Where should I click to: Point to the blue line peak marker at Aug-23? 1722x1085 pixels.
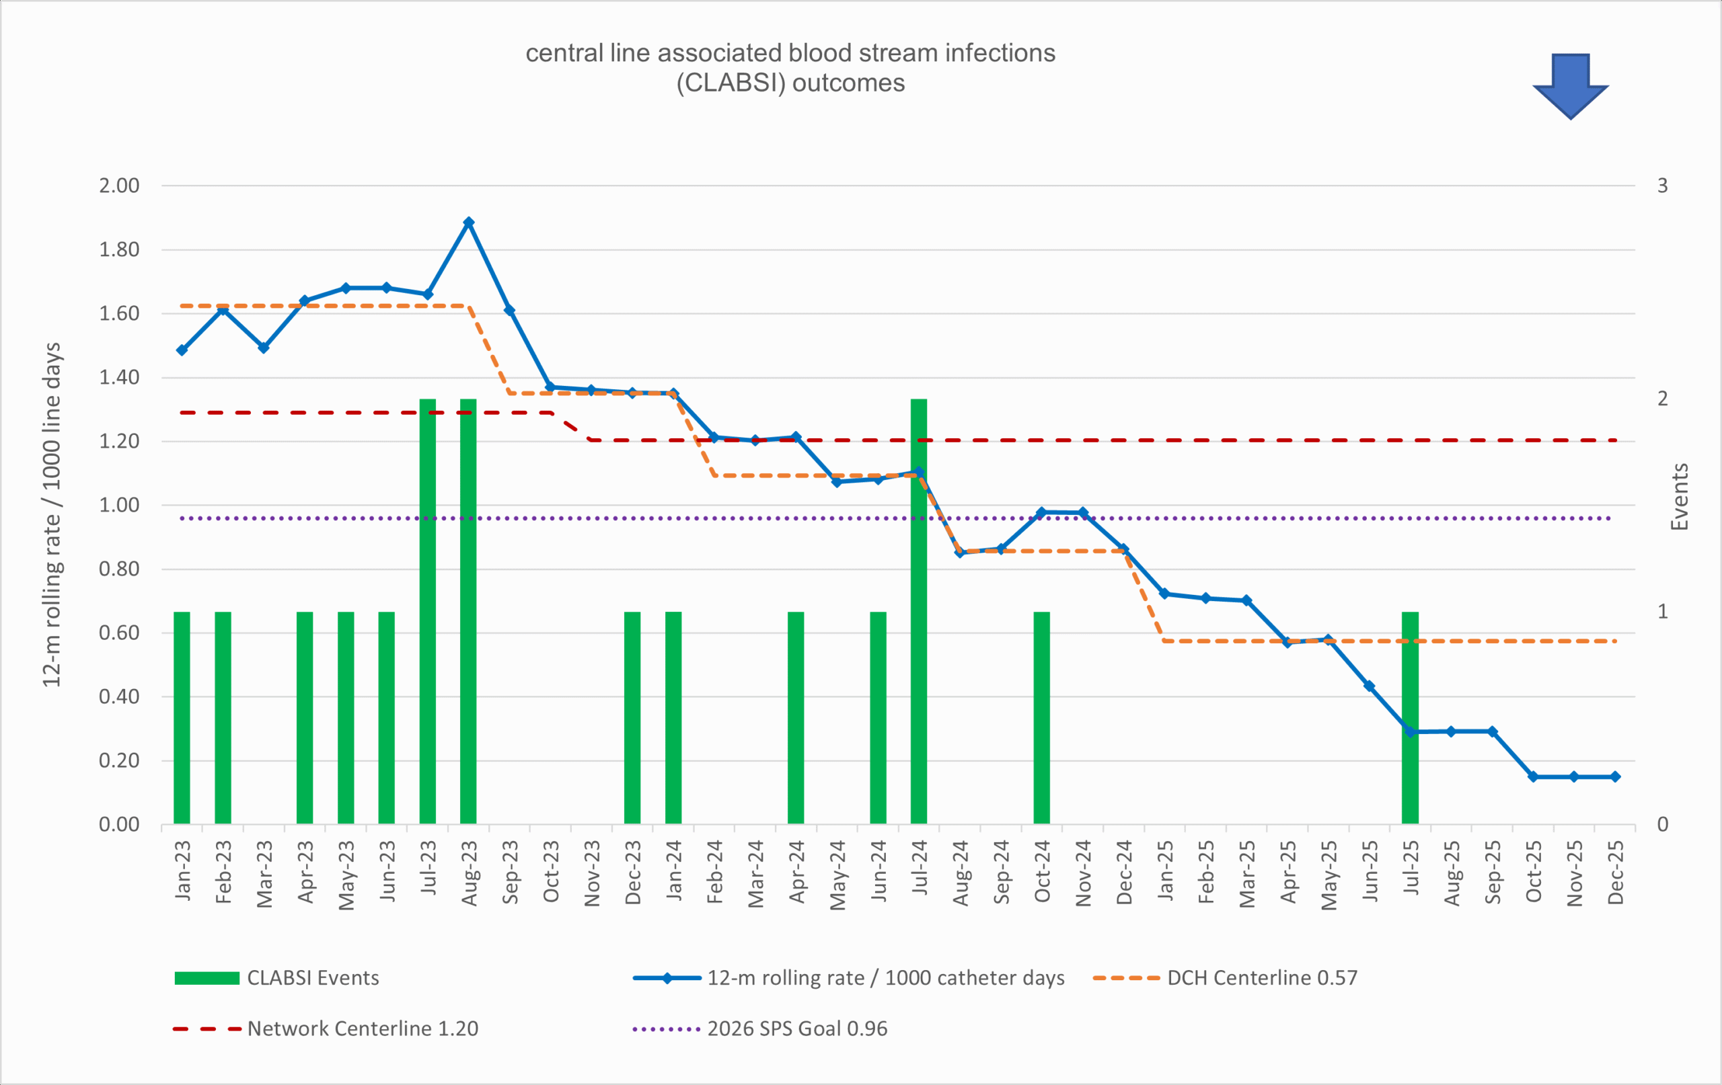468,223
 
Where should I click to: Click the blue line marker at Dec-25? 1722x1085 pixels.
1616,777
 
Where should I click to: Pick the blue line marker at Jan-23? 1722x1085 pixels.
182,350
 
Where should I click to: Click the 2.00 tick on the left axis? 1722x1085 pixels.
118,186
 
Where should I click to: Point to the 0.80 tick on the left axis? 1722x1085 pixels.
118,569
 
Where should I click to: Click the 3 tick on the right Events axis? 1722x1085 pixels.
1663,186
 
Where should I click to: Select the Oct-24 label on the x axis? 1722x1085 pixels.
1042,871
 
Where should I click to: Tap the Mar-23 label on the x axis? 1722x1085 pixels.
264,873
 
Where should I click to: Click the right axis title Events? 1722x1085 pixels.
1679,497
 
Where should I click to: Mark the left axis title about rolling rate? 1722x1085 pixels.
52,515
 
